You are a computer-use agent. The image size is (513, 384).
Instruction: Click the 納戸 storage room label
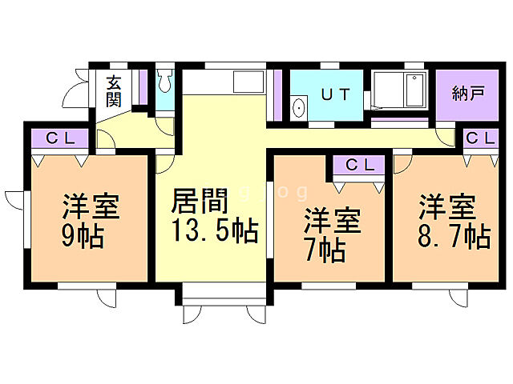coord(469,92)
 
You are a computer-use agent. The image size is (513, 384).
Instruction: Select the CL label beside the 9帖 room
coord(60,138)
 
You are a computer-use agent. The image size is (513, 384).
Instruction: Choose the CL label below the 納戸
coord(482,138)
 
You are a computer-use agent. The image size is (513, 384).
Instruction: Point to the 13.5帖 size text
coord(212,231)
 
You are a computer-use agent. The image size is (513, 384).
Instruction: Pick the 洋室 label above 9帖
coord(91,206)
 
